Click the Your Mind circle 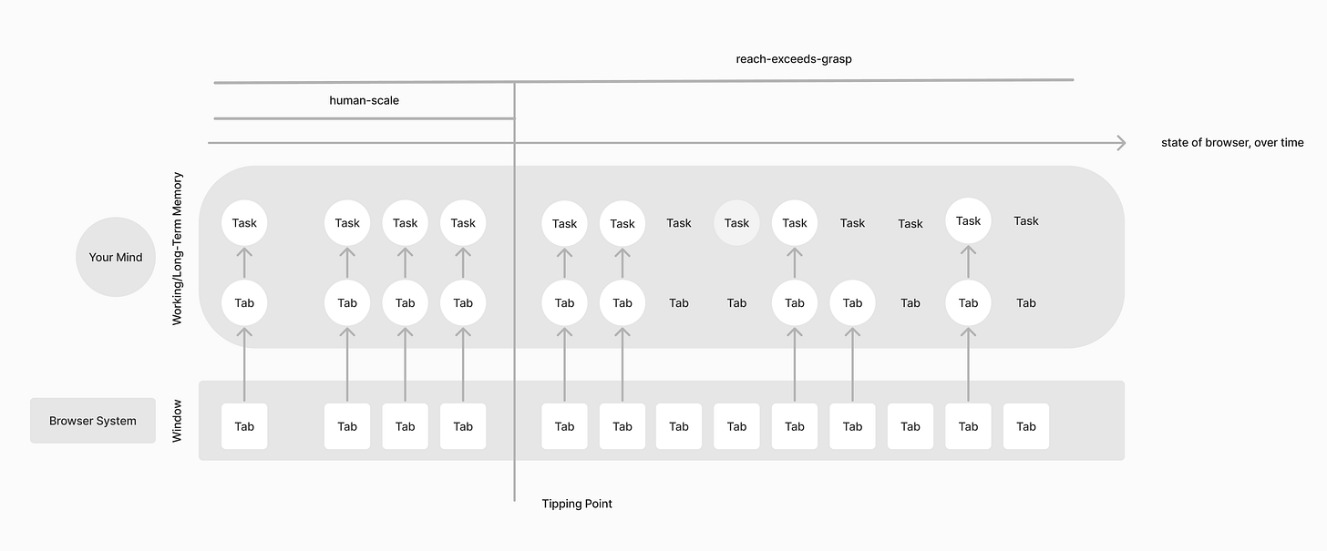pos(116,257)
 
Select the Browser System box pos(93,421)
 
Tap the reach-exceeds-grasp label pos(794,59)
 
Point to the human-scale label pos(365,100)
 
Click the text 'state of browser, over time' pos(1232,143)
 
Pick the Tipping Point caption pos(577,504)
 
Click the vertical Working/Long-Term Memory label pos(177,249)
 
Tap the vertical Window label pos(177,421)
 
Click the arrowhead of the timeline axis pos(1121,143)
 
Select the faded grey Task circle pos(736,223)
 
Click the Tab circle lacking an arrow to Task pos(852,303)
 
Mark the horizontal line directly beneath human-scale pos(365,119)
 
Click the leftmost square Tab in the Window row pos(244,426)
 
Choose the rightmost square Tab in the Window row pos(1026,426)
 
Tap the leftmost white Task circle pos(244,223)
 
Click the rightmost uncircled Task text pos(1026,221)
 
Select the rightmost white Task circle pos(968,220)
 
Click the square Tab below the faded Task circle pos(736,426)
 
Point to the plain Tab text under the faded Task pos(736,303)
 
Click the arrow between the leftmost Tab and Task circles pos(244,263)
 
